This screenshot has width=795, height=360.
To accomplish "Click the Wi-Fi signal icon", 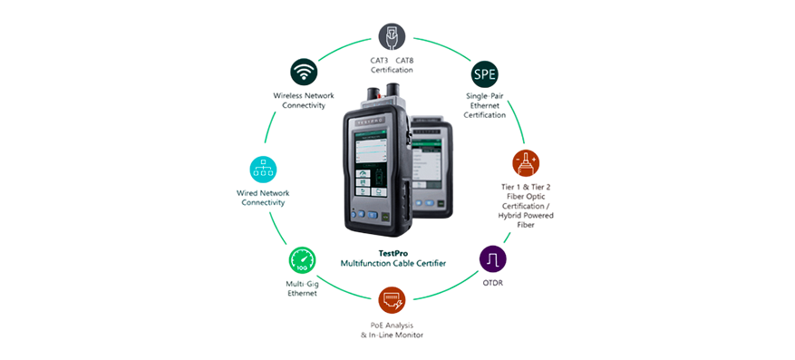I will pos(304,70).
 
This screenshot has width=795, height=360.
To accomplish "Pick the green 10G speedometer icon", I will pos(301,262).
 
